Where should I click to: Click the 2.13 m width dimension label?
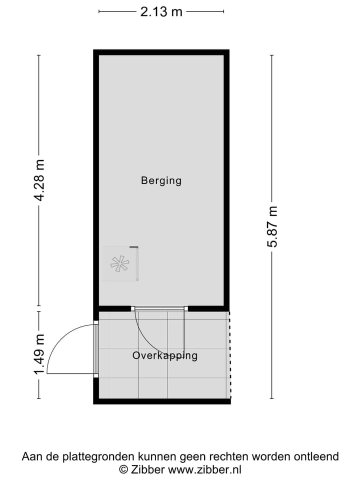tap(161, 11)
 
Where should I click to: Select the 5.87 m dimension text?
tap(272, 226)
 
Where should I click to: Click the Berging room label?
tap(161, 180)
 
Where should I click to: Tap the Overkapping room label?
tap(165, 356)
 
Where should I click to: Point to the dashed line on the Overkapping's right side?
tap(229, 352)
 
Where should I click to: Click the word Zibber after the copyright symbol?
tap(148, 469)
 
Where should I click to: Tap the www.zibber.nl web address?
tap(205, 469)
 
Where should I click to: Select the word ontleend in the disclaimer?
tap(317, 456)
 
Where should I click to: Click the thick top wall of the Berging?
tap(161, 52)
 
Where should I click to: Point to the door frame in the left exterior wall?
tap(96, 349)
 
